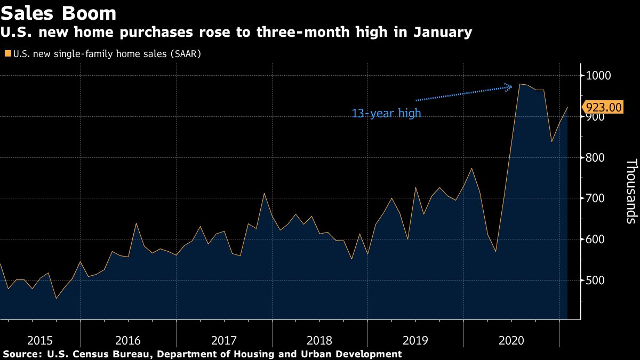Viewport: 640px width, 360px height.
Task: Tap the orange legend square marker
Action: (x=8, y=54)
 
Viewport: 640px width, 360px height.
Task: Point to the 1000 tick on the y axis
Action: (x=598, y=76)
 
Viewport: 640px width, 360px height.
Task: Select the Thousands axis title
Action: (x=631, y=190)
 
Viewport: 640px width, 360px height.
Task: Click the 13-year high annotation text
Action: (x=386, y=114)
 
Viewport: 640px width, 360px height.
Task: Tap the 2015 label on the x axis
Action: (x=40, y=340)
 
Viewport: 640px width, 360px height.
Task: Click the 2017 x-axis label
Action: (x=223, y=340)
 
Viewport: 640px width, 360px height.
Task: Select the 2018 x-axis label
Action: (x=319, y=340)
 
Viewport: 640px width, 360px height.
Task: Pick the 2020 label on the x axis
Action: (x=511, y=340)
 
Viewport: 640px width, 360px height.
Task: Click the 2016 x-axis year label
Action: (x=127, y=340)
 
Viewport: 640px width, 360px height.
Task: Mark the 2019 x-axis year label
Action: (x=415, y=340)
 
